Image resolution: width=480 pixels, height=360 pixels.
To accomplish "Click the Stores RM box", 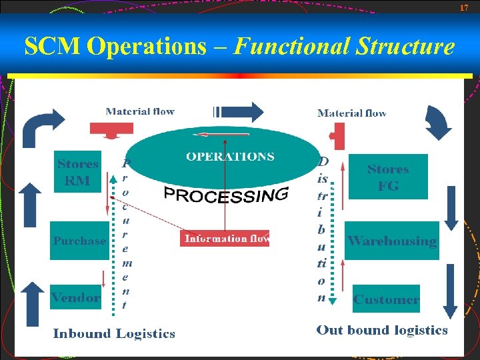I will click(78, 172).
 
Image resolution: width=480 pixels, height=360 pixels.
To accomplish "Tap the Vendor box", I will click(76, 297).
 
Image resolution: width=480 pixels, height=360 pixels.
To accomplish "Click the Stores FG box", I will click(388, 177).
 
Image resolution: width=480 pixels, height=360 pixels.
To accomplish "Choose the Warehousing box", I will click(392, 241).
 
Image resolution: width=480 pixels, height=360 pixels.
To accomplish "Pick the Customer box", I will click(387, 299).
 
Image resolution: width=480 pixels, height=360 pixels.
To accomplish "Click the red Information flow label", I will click(225, 239).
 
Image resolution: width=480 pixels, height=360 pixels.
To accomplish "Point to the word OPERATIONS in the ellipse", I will click(230, 157).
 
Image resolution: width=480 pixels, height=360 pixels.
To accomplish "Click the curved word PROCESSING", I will click(226, 195).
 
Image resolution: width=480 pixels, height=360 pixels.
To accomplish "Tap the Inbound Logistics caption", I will click(114, 334).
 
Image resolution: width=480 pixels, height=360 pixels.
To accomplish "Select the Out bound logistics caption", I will click(382, 330).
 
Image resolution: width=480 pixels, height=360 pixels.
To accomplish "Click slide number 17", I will click(465, 7).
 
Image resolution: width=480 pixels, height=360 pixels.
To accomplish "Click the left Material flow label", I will click(140, 111).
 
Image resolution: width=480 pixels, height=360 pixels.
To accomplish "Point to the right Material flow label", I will click(352, 113).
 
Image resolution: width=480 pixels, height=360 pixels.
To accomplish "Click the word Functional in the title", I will click(293, 47).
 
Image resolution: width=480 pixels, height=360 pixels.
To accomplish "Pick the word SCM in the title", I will click(52, 47).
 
